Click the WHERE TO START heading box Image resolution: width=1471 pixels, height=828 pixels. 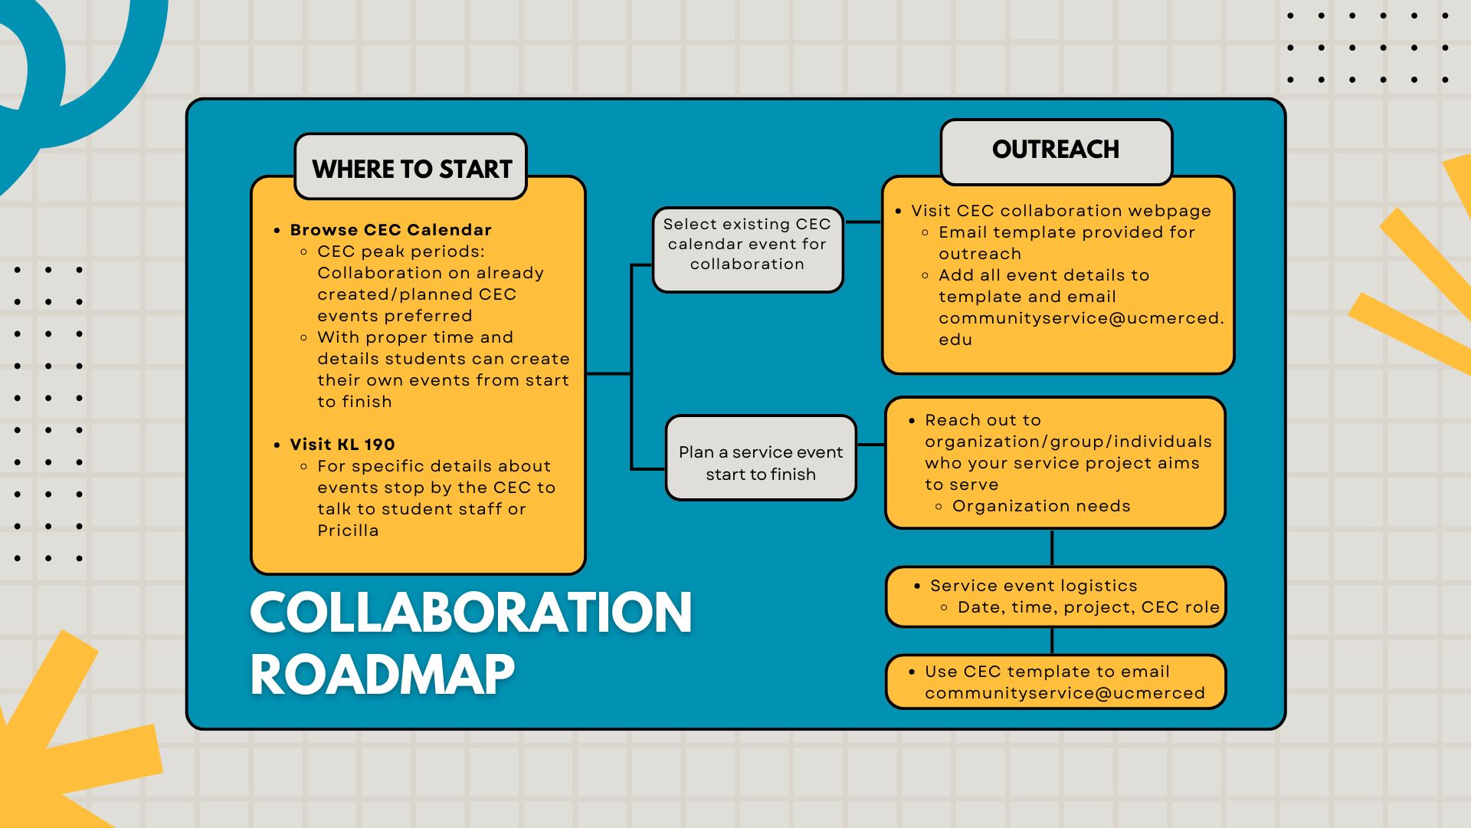point(411,167)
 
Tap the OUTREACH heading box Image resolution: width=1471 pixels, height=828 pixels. point(1057,151)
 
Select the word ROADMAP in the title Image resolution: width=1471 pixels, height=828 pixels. point(382,675)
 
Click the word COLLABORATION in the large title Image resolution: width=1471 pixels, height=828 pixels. point(471,613)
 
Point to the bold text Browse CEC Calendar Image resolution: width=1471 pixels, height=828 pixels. point(391,230)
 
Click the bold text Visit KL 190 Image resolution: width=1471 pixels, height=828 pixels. point(342,445)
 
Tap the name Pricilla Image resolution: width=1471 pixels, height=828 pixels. point(348,531)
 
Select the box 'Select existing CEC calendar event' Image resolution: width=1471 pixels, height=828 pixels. point(748,250)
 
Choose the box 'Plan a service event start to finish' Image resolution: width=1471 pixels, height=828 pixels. point(761,458)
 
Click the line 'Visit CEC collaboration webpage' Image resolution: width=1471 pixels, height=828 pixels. point(1061,211)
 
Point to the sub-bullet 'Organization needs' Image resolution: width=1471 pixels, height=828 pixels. point(1041,506)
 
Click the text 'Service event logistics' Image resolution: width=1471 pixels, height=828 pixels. point(1034,586)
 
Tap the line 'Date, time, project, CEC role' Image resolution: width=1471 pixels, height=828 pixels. point(1089,607)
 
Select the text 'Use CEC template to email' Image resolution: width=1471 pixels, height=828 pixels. point(1047,672)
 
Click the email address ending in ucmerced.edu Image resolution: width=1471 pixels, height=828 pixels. point(1081,329)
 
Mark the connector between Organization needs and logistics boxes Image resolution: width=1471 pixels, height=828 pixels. point(1052,547)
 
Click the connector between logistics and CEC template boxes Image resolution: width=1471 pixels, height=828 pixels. point(1052,641)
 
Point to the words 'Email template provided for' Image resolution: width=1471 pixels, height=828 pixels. point(1066,232)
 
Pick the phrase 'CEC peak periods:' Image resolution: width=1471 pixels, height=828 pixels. point(401,251)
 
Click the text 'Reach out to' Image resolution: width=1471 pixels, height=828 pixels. point(983,420)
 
